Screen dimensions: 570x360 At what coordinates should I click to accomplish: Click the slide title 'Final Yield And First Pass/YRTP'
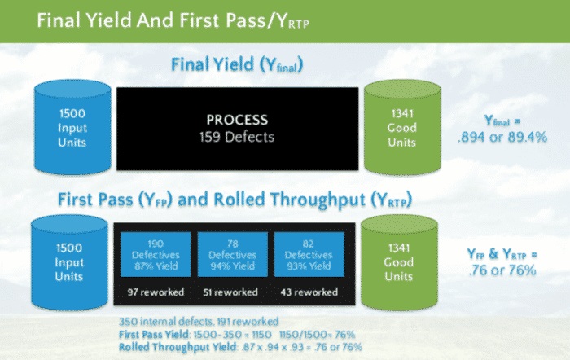coord(173,20)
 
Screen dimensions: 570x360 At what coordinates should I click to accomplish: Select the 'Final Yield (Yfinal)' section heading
coord(237,64)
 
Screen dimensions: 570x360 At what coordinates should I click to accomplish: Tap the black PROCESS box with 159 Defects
coord(238,129)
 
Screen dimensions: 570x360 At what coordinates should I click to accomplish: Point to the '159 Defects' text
coord(237,137)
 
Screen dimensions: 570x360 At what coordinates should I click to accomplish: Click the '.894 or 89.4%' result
coord(502,137)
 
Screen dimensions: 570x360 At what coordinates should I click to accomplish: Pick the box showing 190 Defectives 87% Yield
coord(156,255)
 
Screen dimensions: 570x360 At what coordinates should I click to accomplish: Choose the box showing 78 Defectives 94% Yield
coord(233,255)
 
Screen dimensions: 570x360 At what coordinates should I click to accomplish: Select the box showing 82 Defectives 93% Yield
coord(309,255)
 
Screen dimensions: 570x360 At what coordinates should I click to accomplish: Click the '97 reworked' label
coord(156,292)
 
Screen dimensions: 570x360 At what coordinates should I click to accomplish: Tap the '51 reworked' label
coord(230,292)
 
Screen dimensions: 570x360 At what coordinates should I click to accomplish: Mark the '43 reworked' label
coord(309,292)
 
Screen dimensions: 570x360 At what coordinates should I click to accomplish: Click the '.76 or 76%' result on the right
coord(502,270)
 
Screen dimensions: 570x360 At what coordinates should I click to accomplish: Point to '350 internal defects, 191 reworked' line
coord(199,322)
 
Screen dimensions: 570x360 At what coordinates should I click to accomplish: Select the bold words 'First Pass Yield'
coord(154,335)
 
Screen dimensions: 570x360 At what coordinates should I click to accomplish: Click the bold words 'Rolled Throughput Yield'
coord(178,347)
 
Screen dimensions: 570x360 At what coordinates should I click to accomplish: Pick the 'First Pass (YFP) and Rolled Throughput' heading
coord(235,200)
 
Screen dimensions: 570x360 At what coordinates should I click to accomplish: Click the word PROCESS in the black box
coord(237,120)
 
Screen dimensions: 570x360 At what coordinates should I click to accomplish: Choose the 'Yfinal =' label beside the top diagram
coord(502,121)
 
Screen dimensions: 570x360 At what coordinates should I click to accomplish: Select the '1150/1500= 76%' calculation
coord(317,335)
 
